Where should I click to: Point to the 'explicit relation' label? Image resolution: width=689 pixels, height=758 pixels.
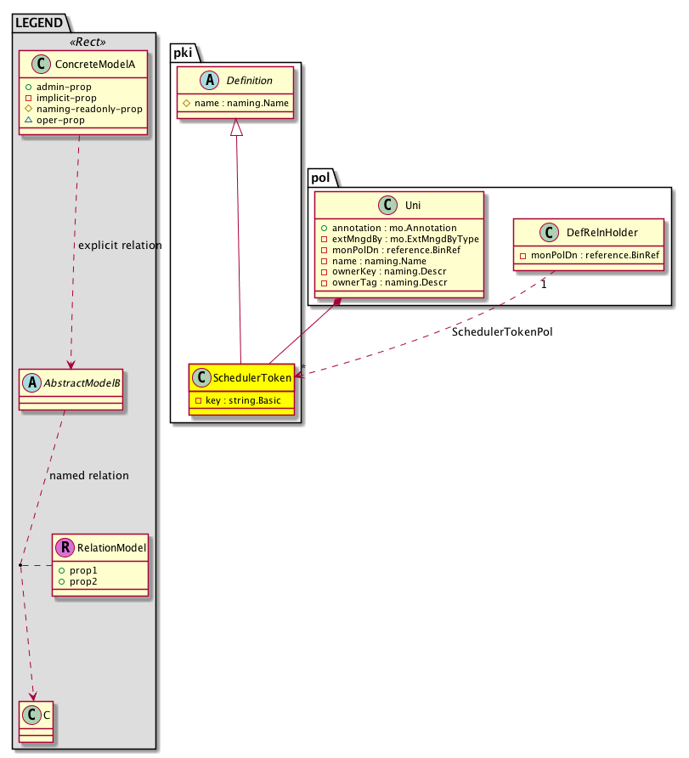(119, 246)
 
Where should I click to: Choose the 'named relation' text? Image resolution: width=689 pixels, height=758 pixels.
(89, 476)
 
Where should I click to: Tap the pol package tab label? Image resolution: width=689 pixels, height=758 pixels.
(319, 178)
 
